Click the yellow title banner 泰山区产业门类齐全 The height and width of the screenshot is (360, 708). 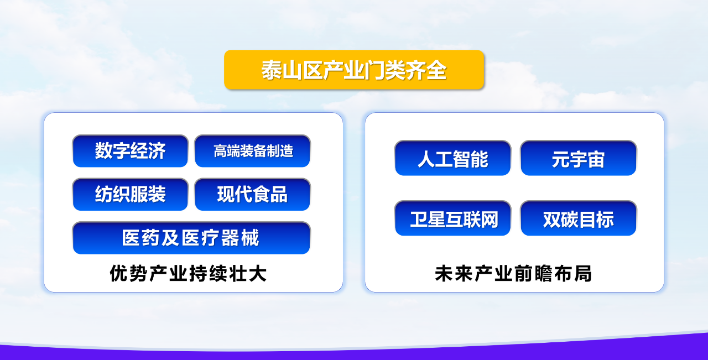pos(354,70)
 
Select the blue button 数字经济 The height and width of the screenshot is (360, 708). pos(130,151)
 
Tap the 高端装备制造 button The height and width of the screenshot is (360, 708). pos(253,151)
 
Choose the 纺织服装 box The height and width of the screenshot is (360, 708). pos(130,195)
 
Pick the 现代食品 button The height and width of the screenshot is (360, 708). pos(253,195)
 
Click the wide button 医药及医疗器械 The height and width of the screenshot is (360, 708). pos(191,238)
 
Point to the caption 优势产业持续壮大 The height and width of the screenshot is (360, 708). pos(188,273)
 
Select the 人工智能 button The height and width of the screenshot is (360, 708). pos(452,158)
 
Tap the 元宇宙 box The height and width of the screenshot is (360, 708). pos(579,158)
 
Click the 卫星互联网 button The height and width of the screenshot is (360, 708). pos(452,218)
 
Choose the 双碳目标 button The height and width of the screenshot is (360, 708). pos(579,218)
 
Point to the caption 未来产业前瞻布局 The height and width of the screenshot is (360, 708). pos(513,273)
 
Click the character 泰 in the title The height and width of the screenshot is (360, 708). pos(271,70)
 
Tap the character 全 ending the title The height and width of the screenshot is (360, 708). pos(436,70)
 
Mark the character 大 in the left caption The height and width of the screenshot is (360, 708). pos(258,273)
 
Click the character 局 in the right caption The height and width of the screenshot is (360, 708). pos(583,273)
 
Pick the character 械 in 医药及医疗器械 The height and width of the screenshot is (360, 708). pos(250,238)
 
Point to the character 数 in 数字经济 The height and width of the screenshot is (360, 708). pos(103,150)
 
